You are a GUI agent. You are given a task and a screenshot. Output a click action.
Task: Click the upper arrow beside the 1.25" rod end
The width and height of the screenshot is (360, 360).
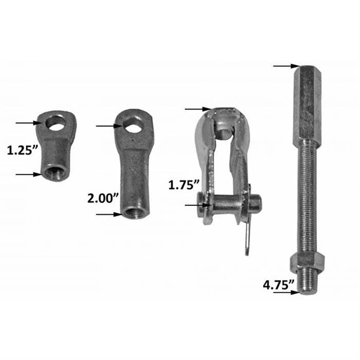[28, 122]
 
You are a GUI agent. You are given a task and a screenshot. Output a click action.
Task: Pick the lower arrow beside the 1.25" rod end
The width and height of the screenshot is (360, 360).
[28, 174]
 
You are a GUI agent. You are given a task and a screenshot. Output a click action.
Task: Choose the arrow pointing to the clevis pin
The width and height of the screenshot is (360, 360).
[197, 205]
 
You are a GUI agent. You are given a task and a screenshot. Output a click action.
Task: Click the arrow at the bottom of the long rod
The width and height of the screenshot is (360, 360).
[286, 292]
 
